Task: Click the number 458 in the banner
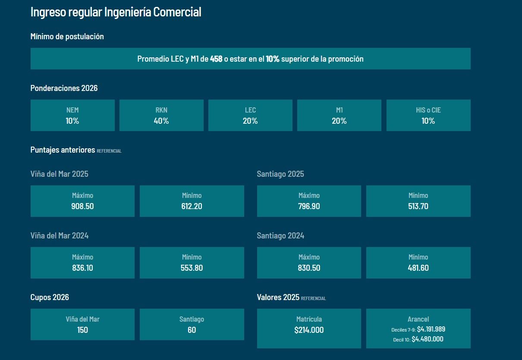(216, 59)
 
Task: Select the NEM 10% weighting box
(72, 116)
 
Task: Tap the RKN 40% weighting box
(161, 116)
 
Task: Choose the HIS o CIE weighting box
(428, 116)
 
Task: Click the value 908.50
(82, 206)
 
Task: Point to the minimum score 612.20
(192, 206)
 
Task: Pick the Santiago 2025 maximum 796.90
(309, 206)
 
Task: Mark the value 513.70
(418, 206)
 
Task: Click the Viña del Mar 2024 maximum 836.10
(82, 268)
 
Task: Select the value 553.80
(192, 268)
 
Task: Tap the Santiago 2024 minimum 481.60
(418, 268)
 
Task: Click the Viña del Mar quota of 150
(82, 330)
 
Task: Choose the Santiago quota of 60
(192, 330)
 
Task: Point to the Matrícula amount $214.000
(309, 330)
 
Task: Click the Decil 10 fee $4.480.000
(427, 339)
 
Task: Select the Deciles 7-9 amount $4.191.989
(431, 329)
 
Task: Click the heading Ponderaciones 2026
(64, 88)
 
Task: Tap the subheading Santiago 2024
(280, 236)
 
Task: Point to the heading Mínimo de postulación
(67, 37)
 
